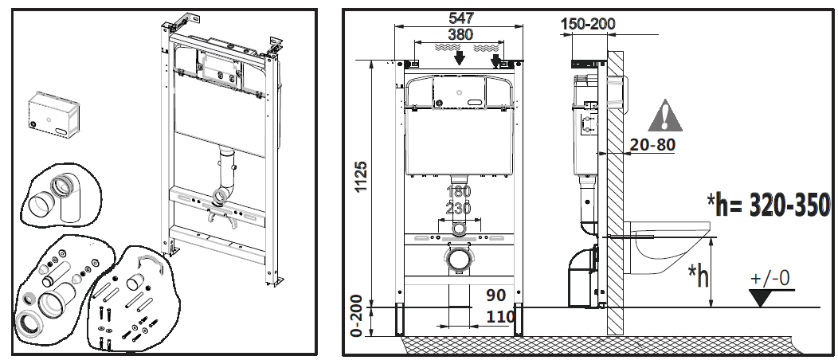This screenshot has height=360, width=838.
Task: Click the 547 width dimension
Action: pyautogui.click(x=461, y=18)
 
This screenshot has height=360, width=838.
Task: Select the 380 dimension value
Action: pyautogui.click(x=460, y=34)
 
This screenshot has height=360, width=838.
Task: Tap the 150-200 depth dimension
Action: pyautogui.click(x=589, y=24)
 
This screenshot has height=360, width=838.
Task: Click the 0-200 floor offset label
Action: pyautogui.click(x=362, y=315)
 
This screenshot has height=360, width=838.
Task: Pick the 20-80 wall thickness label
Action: pyautogui.click(x=652, y=145)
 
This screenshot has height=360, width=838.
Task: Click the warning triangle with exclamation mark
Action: pyautogui.click(x=665, y=115)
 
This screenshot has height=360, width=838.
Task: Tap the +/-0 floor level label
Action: pyautogui.click(x=770, y=279)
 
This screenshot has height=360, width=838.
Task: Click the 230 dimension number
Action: pyautogui.click(x=458, y=207)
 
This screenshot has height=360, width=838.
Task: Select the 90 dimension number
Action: pyautogui.click(x=496, y=295)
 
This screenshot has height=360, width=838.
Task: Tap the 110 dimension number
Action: pyautogui.click(x=501, y=317)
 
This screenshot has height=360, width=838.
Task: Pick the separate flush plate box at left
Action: pyautogui.click(x=54, y=113)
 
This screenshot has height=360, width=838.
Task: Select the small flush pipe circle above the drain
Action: pyautogui.click(x=459, y=230)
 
